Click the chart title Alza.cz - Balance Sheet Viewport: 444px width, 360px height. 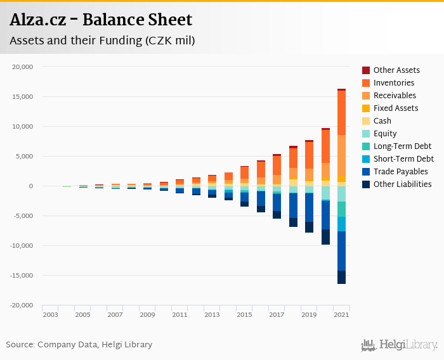[101, 20]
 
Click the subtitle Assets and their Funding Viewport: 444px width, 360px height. [102, 41]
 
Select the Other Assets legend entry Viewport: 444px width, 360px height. [396, 70]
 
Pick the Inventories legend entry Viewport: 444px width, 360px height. [394, 83]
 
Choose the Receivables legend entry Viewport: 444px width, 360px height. [395, 96]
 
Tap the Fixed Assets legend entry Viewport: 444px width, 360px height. [396, 108]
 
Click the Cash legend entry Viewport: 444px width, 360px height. [382, 121]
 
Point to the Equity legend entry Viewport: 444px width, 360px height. [385, 134]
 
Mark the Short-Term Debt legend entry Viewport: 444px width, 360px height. [403, 159]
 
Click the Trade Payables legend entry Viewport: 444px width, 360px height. [400, 172]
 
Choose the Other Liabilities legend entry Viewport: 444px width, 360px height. [402, 184]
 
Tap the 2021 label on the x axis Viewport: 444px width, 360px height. [341, 314]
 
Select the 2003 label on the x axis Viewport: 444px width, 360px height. [50, 314]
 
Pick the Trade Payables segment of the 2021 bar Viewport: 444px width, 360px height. [341, 251]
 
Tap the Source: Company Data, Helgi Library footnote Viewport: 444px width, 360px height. [79, 345]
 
